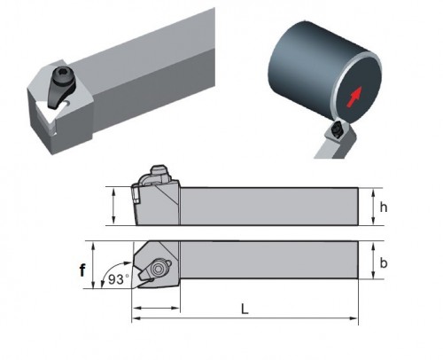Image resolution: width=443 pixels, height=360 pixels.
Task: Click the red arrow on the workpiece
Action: click(x=354, y=97)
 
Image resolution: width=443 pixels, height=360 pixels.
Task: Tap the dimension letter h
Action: click(x=384, y=207)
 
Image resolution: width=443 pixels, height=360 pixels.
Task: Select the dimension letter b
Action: click(x=384, y=262)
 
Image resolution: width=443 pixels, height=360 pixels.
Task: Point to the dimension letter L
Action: click(x=245, y=309)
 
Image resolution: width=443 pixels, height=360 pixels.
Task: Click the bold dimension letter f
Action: click(x=82, y=270)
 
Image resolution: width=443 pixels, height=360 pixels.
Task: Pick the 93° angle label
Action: click(x=119, y=279)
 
